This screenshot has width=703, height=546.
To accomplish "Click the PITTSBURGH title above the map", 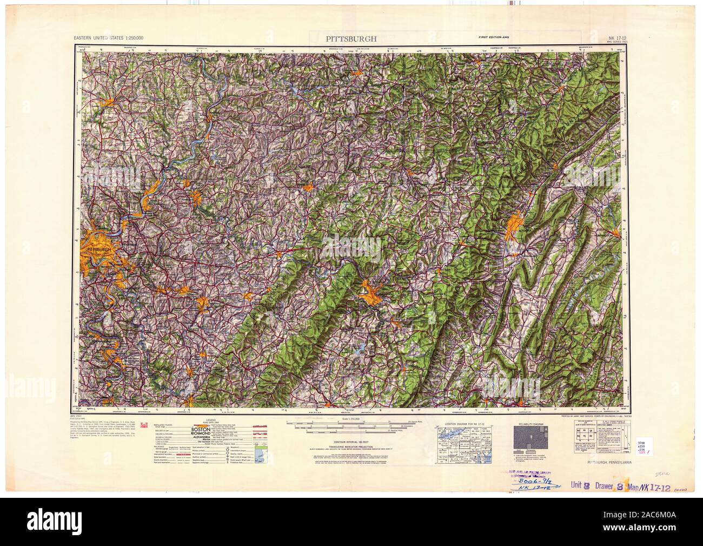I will coord(351,39).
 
